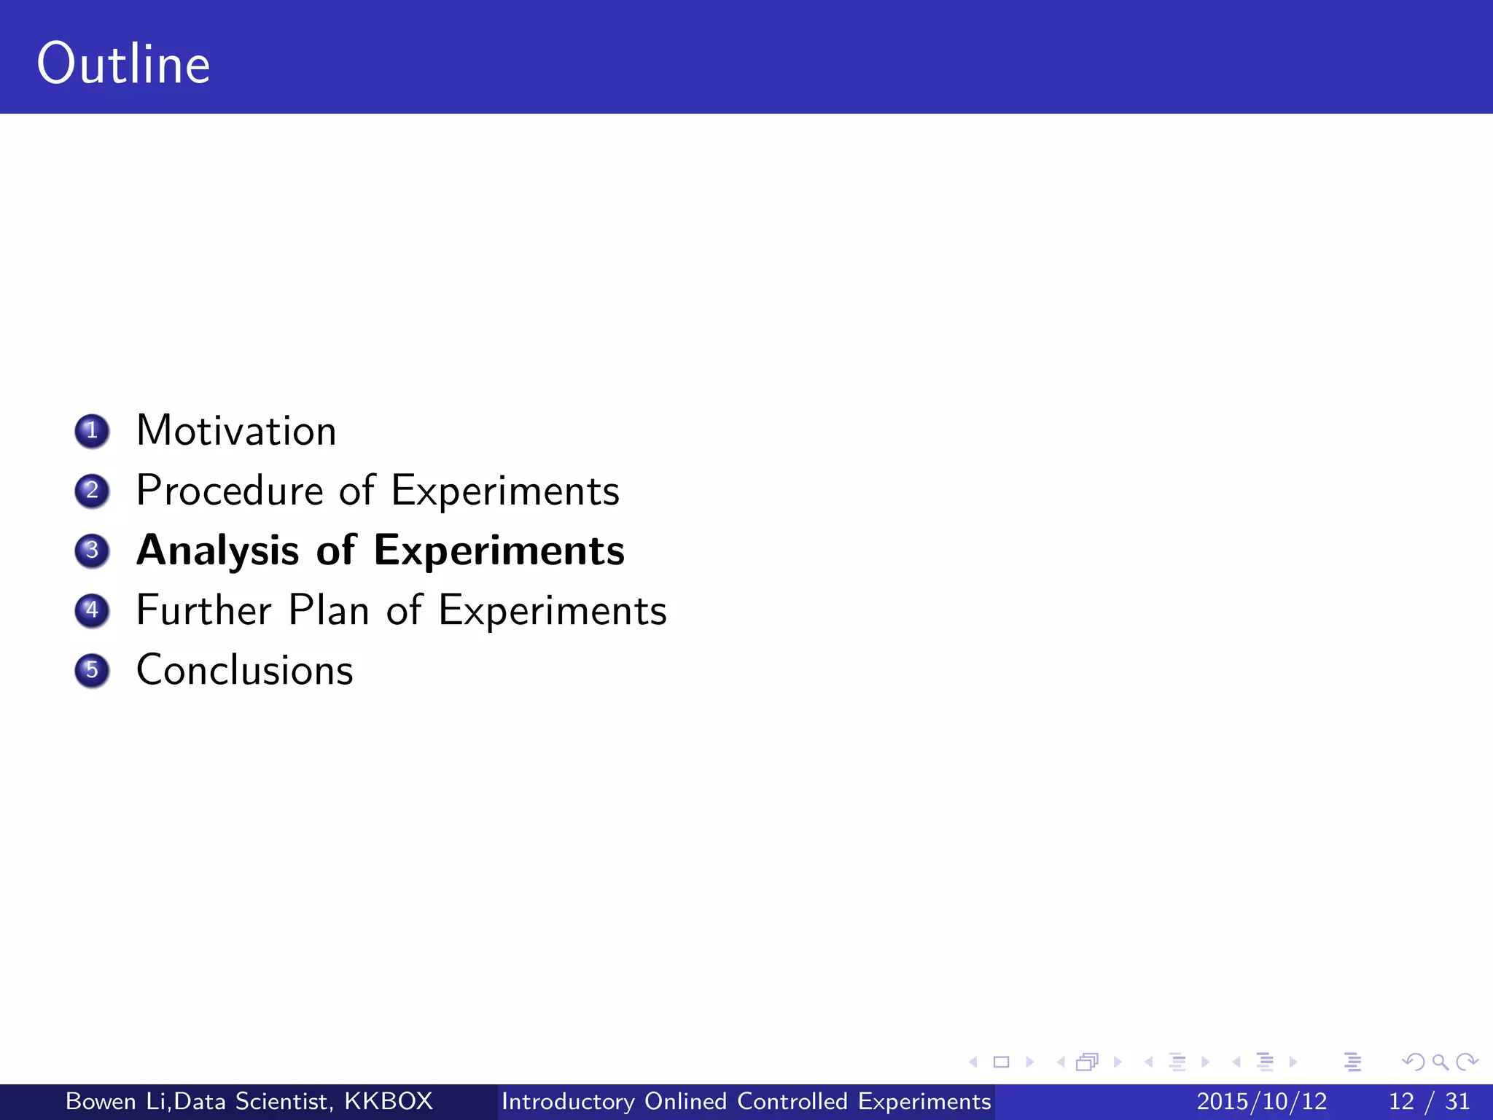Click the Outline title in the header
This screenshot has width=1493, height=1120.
(x=124, y=64)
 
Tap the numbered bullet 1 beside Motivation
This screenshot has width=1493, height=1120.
(x=92, y=431)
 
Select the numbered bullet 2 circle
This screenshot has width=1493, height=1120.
(x=92, y=491)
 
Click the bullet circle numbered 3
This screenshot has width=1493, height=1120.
(x=92, y=551)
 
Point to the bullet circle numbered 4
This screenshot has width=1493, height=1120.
(x=92, y=610)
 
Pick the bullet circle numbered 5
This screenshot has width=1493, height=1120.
(x=92, y=670)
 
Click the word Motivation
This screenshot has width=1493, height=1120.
(x=236, y=431)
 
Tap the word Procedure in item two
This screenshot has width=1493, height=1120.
(x=230, y=491)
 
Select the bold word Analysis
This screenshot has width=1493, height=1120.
(x=217, y=551)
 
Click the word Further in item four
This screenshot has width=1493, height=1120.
(x=204, y=610)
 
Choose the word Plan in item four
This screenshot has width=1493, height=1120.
(x=328, y=610)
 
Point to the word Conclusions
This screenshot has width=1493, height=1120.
(x=245, y=670)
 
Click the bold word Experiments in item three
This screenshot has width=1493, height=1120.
(x=499, y=551)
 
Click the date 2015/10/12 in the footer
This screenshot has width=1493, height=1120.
(x=1262, y=1101)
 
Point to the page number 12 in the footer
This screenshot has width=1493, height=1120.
(x=1401, y=1101)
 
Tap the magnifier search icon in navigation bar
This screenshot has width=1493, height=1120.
(x=1440, y=1062)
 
